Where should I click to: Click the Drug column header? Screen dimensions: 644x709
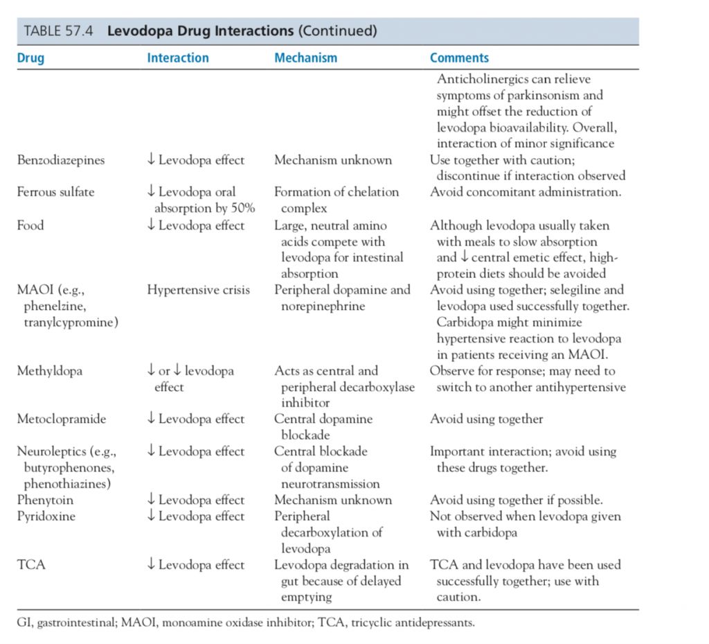point(30,58)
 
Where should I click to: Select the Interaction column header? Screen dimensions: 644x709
point(177,58)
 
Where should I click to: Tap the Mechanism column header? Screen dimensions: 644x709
point(305,58)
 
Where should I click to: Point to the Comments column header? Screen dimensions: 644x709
point(459,58)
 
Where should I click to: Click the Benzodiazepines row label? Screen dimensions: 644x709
point(61,160)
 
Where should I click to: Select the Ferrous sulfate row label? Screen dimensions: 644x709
point(55,192)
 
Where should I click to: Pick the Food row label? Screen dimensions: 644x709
point(30,225)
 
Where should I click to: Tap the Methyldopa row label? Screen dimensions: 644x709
point(49,371)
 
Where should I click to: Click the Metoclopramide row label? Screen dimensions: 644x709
point(62,419)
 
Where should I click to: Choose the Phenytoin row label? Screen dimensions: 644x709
point(45,500)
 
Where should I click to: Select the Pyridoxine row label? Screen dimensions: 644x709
point(46,516)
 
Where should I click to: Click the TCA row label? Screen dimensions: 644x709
point(31,565)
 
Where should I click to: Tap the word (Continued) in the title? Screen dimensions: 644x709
point(337,31)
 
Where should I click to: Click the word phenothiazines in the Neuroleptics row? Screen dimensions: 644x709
point(67,484)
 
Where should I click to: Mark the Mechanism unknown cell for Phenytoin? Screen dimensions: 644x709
point(333,500)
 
